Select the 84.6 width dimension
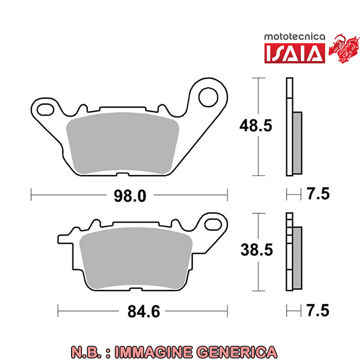click(x=144, y=311)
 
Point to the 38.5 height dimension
click(x=257, y=250)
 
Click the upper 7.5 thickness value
click(x=317, y=194)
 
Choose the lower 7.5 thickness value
click(x=317, y=310)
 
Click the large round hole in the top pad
click(x=208, y=97)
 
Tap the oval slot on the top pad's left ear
click(x=45, y=110)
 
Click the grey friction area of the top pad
click(x=123, y=143)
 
